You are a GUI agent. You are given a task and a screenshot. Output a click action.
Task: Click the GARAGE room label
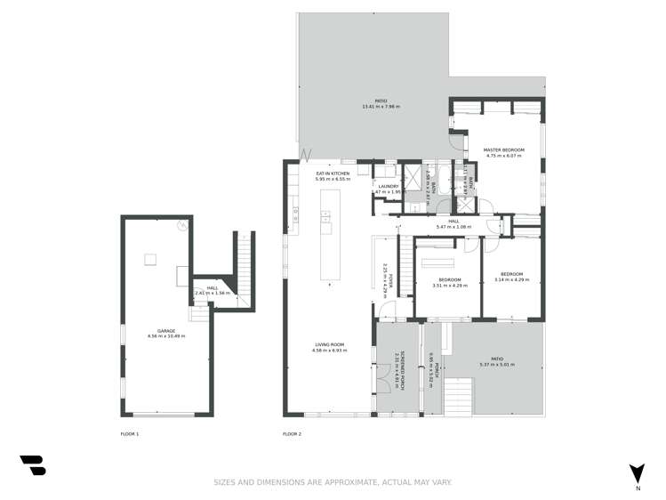166,330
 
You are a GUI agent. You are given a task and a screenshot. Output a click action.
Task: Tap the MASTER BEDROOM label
503,149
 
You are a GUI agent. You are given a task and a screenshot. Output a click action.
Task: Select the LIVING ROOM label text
328,344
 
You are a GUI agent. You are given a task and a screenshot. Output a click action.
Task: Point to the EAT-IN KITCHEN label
333,173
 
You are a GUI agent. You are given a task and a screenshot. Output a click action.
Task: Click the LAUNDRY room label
389,186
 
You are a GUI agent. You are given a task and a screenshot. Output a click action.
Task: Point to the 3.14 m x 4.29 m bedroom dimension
511,279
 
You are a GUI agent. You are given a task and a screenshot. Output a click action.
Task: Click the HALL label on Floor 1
212,287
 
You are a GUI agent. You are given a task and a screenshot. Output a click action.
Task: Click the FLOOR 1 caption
130,433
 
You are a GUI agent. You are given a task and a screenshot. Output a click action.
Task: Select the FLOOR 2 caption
292,433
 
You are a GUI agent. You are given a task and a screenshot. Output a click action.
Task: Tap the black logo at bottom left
33,465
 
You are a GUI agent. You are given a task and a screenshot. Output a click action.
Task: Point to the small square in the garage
150,259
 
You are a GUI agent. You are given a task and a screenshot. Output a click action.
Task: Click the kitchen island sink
325,216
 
